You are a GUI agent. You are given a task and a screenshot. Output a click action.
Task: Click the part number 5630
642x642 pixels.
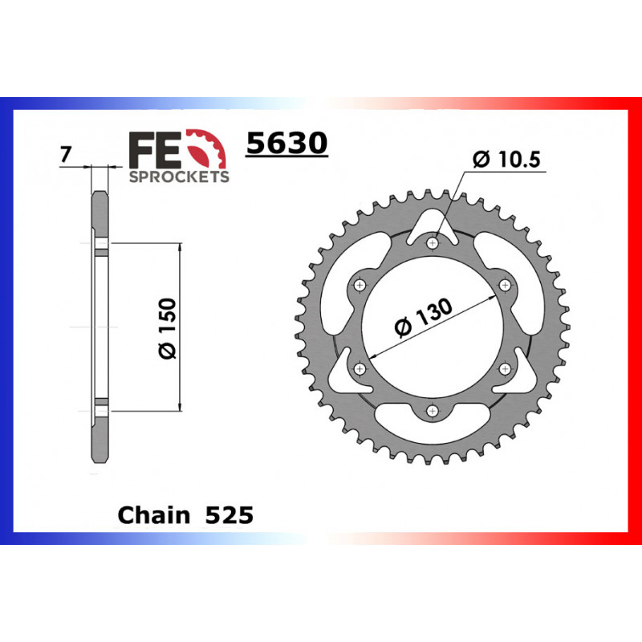click(286, 143)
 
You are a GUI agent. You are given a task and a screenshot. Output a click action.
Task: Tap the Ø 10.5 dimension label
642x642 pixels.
click(508, 159)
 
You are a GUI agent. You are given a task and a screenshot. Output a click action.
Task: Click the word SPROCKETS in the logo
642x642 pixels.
click(179, 177)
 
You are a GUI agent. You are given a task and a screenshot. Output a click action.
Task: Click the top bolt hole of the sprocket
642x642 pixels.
click(433, 242)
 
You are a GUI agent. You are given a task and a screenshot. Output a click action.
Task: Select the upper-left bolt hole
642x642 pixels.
click(360, 284)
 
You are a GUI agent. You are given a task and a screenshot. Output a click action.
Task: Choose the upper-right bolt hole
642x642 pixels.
click(506, 284)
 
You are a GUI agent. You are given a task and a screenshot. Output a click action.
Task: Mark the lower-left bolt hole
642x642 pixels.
click(360, 368)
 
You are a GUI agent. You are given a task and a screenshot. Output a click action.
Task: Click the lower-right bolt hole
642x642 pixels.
click(506, 368)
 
